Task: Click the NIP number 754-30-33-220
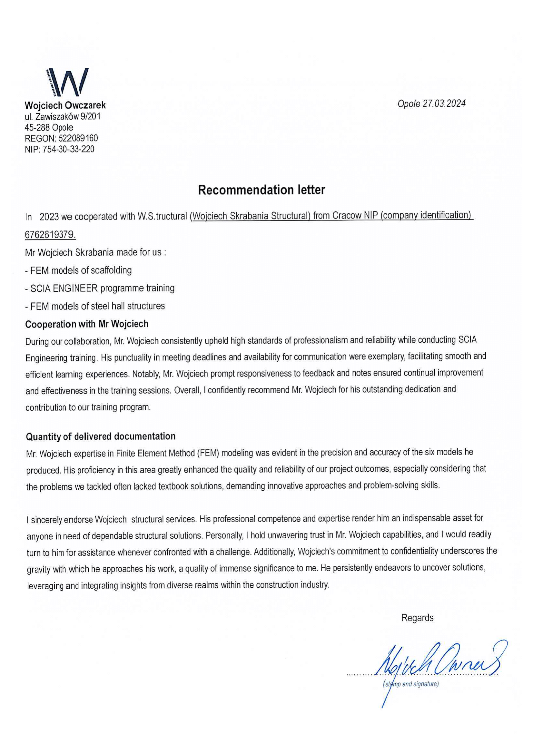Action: click(69, 150)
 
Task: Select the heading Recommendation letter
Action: click(262, 190)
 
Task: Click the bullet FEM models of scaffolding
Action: click(78, 270)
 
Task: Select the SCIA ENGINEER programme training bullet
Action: click(100, 288)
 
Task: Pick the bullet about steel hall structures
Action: click(95, 306)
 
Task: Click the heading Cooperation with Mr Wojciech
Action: click(87, 324)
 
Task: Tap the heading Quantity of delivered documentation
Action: click(101, 436)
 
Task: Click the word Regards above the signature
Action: click(417, 618)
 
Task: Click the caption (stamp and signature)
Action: click(410, 684)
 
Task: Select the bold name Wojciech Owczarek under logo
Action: click(65, 105)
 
